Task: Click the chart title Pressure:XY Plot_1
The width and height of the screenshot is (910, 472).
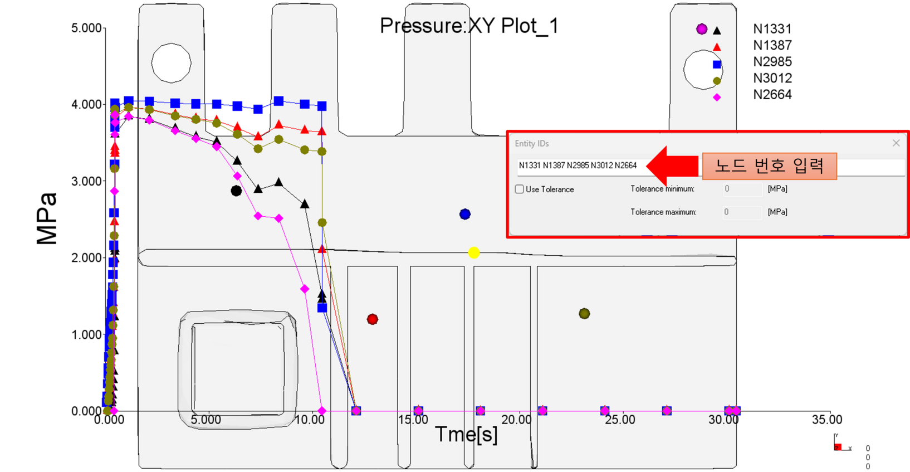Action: [469, 26]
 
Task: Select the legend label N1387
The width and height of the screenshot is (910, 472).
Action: [772, 45]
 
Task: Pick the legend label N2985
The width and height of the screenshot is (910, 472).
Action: [772, 62]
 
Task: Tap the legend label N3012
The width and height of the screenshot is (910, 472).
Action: [772, 78]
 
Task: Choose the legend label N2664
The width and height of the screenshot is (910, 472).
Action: [772, 95]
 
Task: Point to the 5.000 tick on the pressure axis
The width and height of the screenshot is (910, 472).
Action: [86, 28]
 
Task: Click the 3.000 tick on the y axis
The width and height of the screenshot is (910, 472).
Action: [86, 181]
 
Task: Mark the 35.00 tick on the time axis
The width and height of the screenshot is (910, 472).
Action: [826, 420]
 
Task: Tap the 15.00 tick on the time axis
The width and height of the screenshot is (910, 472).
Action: [413, 420]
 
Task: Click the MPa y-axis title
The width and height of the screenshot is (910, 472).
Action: [47, 218]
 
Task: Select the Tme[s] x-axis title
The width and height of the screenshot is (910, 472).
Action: [466, 435]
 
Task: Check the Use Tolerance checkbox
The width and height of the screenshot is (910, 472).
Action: [519, 189]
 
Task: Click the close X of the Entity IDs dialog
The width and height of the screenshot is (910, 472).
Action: [896, 143]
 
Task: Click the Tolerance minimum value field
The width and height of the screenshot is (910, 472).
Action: [742, 189]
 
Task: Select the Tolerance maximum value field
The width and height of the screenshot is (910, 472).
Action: [742, 212]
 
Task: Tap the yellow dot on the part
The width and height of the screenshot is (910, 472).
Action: [474, 253]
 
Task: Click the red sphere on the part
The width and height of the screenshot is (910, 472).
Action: [373, 319]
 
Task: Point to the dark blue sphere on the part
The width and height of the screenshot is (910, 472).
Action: [465, 214]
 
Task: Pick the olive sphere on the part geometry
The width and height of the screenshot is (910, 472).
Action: [584, 313]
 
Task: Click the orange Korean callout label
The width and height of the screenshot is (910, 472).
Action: [770, 166]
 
